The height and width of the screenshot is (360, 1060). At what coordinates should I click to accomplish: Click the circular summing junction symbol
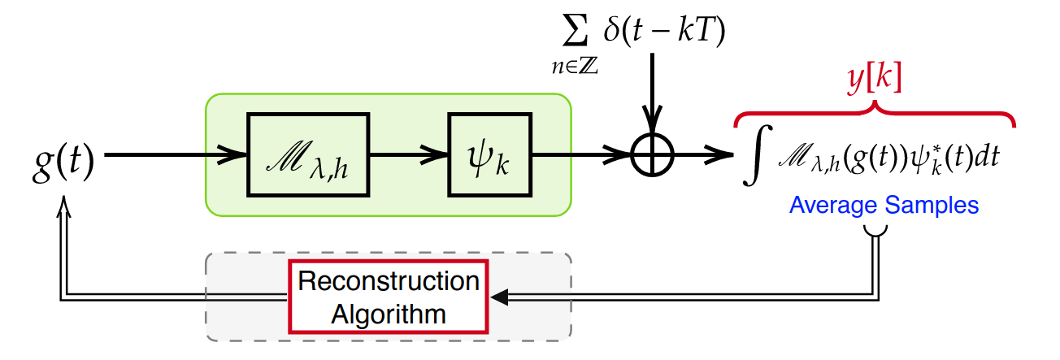pyautogui.click(x=653, y=154)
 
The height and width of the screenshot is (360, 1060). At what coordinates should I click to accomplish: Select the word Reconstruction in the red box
pyautogui.click(x=389, y=282)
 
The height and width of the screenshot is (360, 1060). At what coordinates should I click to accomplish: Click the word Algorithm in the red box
pyautogui.click(x=389, y=314)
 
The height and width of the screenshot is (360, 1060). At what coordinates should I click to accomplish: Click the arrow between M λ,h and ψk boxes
pyautogui.click(x=406, y=154)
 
